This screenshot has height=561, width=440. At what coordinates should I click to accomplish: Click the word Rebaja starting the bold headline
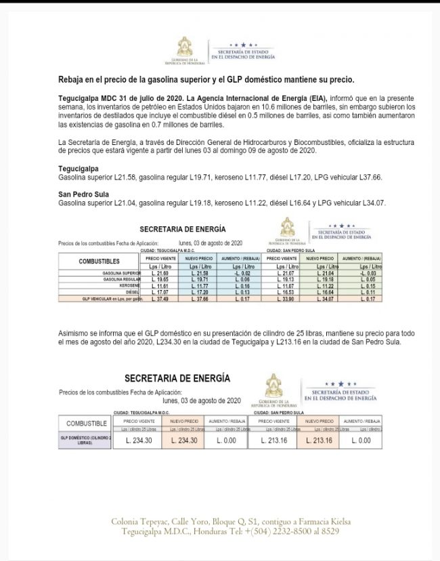coord(74,80)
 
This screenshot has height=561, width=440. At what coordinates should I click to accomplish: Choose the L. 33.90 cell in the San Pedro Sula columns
coord(281,299)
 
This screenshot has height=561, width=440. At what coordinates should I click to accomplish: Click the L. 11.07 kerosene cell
coord(281,286)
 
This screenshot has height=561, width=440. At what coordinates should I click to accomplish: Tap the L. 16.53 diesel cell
coord(281,292)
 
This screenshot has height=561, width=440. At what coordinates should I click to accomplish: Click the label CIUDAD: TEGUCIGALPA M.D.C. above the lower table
coord(141,412)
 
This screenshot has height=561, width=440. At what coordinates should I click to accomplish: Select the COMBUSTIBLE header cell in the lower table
coord(87,423)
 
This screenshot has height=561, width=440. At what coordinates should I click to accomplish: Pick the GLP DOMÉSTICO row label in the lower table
coord(85,440)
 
